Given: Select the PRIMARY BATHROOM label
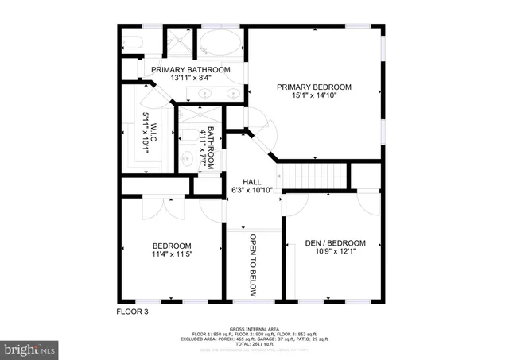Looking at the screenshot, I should click(191, 70).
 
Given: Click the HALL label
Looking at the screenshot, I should click(252, 181).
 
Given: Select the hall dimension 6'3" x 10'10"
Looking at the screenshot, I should click(252, 191).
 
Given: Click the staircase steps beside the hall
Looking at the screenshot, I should click(316, 175).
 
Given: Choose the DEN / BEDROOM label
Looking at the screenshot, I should click(335, 243).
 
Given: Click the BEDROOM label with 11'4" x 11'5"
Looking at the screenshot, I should click(172, 245).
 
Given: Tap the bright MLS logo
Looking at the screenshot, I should click(30, 348).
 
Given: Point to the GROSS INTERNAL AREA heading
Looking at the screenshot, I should click(254, 328).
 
